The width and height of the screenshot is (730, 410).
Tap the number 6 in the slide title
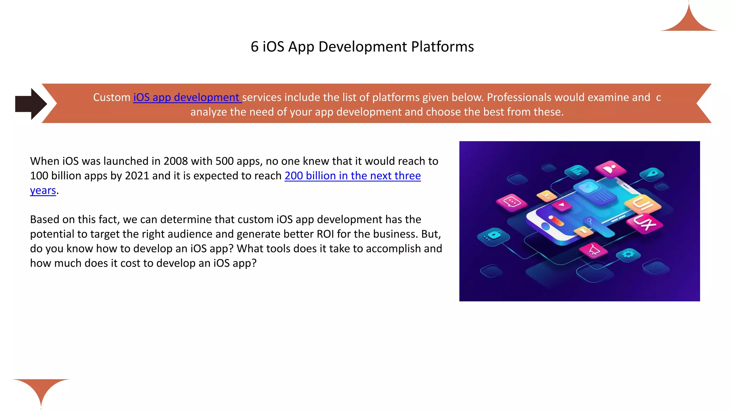(x=255, y=47)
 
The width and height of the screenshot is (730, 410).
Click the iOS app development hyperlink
(x=187, y=97)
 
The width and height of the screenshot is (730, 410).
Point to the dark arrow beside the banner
(x=31, y=104)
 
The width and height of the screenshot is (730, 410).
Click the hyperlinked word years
(x=43, y=190)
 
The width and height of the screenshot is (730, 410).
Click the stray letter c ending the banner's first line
(x=658, y=98)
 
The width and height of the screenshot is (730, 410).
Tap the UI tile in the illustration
(x=643, y=204)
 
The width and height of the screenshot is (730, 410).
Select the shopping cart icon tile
(x=594, y=250)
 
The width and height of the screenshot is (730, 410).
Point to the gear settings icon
(x=628, y=254)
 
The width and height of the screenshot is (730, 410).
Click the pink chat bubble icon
(x=511, y=202)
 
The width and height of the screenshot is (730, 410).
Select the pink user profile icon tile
(x=610, y=168)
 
